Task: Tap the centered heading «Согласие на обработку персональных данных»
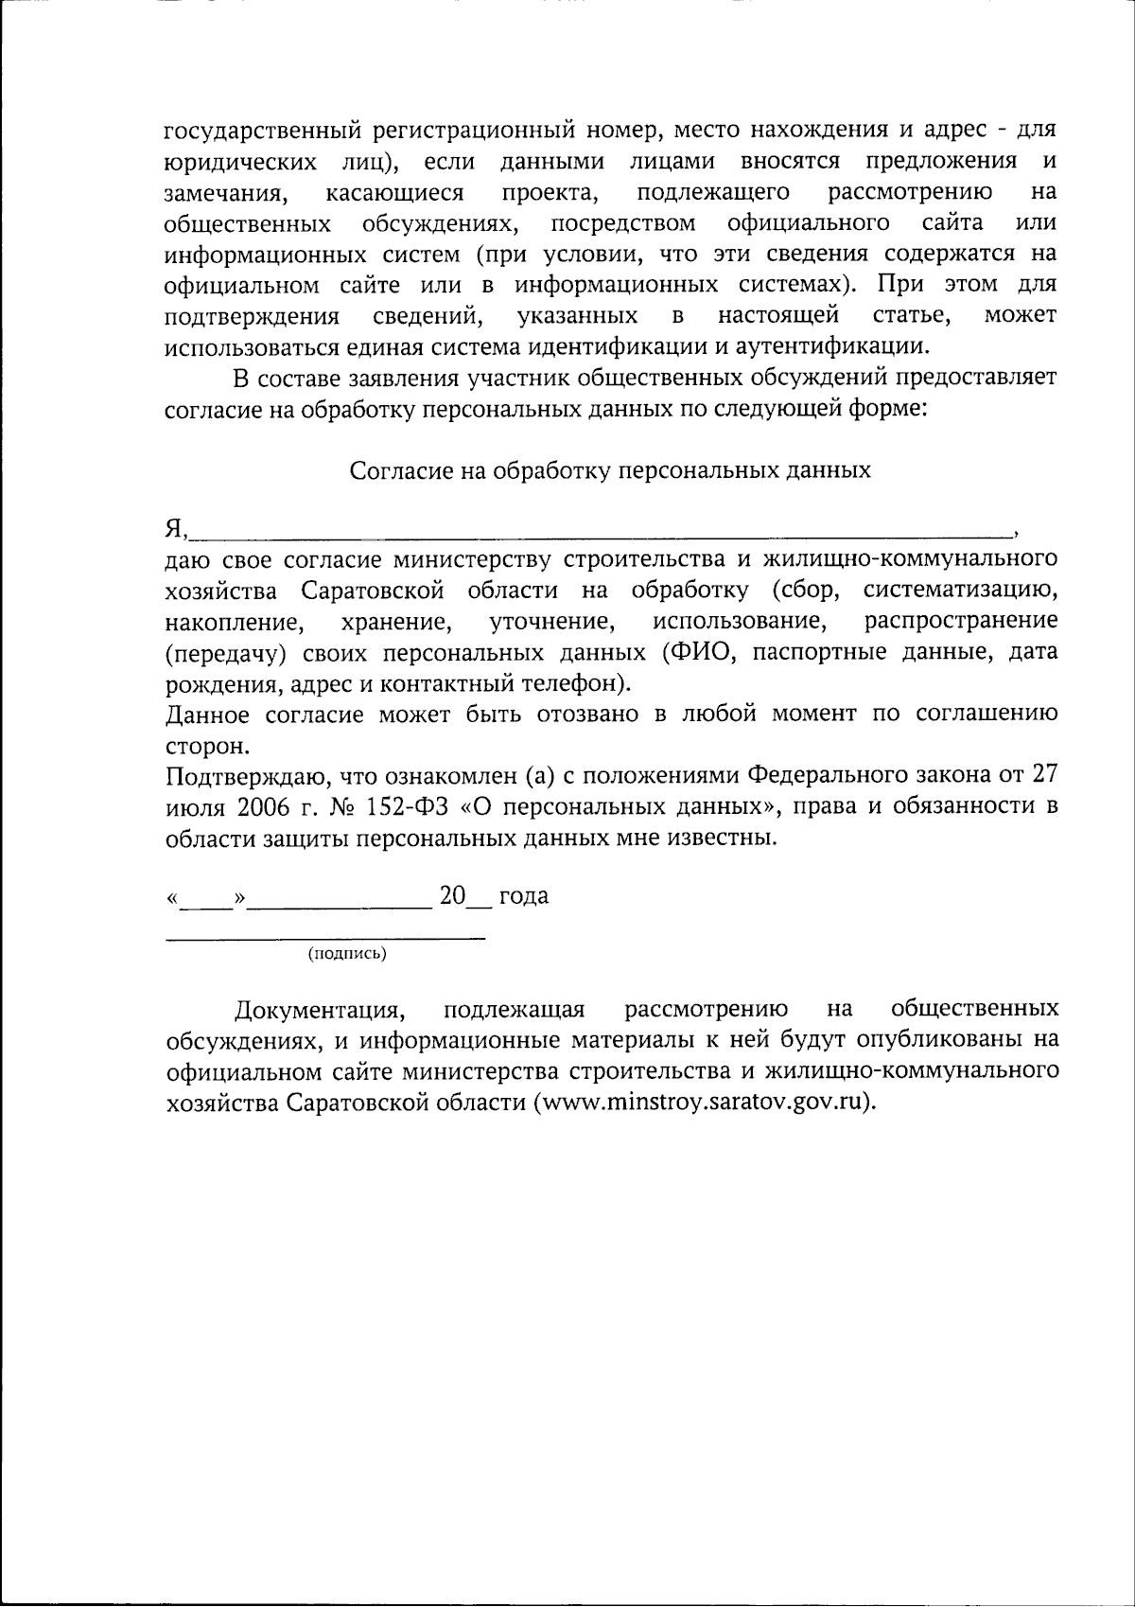[610, 470]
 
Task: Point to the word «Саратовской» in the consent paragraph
[374, 592]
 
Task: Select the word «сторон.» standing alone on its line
[207, 746]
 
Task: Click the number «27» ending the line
[1042, 776]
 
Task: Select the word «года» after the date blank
[523, 896]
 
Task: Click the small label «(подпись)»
[347, 954]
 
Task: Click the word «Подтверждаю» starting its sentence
[244, 777]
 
